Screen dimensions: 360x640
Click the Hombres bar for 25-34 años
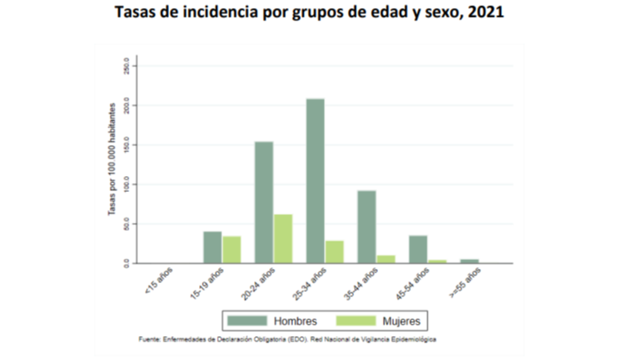tap(315, 181)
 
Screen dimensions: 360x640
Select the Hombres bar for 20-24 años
tap(264, 203)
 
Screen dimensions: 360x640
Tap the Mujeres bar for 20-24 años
tap(283, 239)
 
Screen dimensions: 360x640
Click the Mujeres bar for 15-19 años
tap(232, 249)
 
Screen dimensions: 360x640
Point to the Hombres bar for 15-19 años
tap(212, 248)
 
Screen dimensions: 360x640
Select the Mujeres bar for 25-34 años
tap(335, 252)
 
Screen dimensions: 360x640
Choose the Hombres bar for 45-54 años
tap(418, 249)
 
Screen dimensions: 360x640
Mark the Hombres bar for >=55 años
tap(469, 261)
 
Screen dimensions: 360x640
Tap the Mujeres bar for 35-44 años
tap(386, 259)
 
